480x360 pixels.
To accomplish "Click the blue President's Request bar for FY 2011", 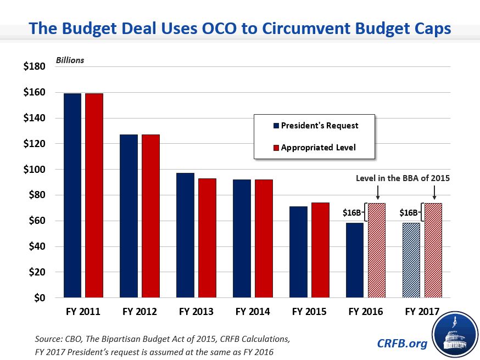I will coord(72,195).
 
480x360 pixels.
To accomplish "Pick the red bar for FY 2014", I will coord(264,239).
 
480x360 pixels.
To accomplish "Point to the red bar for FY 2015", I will coord(320,250).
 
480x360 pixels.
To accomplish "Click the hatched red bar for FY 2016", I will coord(377,251).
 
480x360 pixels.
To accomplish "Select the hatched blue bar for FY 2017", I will coord(411,261).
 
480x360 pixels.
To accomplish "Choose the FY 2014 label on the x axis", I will coord(253,312).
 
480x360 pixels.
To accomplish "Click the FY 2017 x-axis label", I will coord(422,312).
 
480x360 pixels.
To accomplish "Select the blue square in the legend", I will coord(276,126).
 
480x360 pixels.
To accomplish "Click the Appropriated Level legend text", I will coord(318,147).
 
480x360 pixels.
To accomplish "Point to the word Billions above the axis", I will coord(70,60).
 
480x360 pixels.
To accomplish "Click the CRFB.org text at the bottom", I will coord(402,343).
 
